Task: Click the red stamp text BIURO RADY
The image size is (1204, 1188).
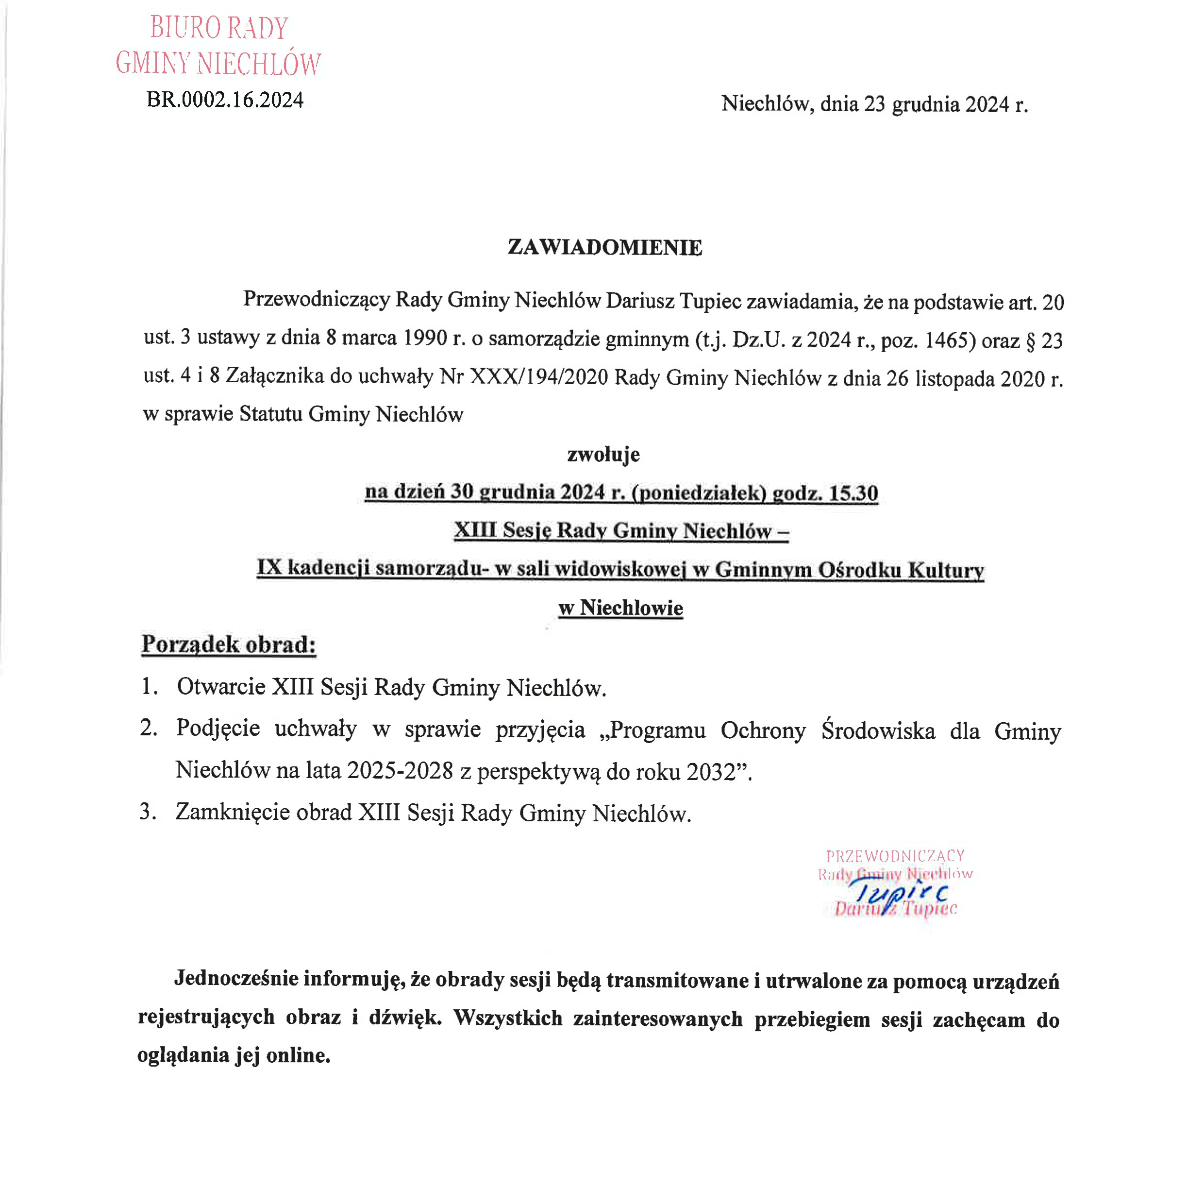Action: click(219, 28)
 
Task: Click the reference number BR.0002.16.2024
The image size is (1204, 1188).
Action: click(225, 100)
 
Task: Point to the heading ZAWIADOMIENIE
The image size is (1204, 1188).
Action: click(604, 247)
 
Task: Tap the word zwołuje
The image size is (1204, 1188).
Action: click(603, 455)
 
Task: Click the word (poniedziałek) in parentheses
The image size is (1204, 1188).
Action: click(699, 493)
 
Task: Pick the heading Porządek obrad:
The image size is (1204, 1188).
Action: click(229, 644)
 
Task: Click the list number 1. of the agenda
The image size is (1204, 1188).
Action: click(149, 686)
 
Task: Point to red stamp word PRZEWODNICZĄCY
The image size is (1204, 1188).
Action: click(895, 856)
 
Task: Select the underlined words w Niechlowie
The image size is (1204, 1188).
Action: click(621, 608)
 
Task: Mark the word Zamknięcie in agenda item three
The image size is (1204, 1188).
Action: click(233, 812)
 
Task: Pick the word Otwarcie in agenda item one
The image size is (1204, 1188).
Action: click(221, 686)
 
